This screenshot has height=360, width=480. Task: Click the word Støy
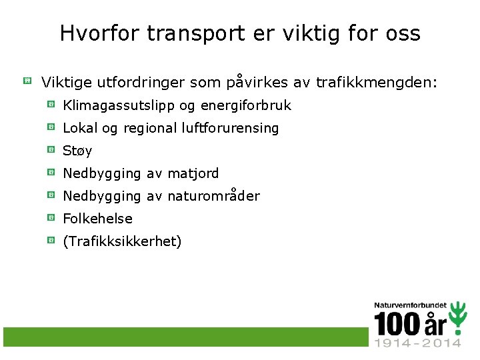[77, 151]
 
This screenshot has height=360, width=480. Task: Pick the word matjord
[193, 173]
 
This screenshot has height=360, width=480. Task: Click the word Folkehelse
[97, 219]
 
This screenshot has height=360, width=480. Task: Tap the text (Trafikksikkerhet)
[122, 241]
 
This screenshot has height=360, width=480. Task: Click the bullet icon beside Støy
[51, 149]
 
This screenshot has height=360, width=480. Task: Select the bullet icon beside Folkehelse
[51, 217]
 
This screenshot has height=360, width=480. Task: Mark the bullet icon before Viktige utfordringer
[27, 81]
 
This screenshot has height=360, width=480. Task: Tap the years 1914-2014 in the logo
[417, 343]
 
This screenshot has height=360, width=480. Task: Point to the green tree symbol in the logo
[457, 319]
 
